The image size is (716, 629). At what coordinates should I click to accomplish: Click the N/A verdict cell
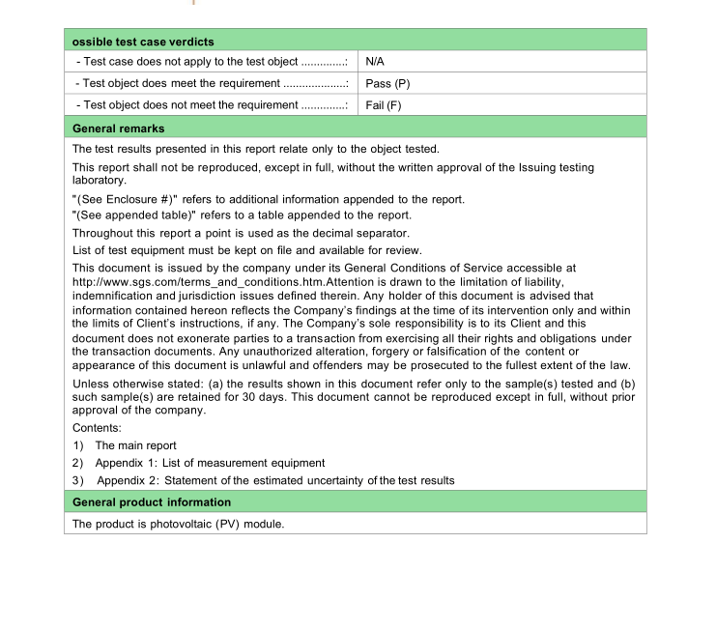point(375,62)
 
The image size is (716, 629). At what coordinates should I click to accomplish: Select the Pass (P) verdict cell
point(387,84)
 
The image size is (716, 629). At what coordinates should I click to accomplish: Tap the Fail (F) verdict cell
point(384,105)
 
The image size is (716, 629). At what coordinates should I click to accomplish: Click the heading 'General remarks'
point(119,129)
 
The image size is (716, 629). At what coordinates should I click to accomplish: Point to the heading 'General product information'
point(152,502)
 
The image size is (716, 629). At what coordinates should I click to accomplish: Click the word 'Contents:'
point(98,427)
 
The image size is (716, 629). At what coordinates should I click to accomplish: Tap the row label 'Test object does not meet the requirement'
point(190,105)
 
